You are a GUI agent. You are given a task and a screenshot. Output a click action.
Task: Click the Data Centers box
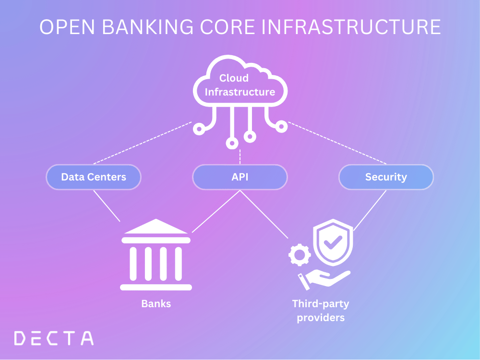tap(94, 177)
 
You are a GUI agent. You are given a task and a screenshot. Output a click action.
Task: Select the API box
tap(240, 177)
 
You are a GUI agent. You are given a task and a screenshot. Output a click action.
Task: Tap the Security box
tap(386, 177)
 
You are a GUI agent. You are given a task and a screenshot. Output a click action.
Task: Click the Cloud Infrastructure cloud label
tap(240, 84)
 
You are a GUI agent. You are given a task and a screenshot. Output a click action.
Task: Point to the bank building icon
tap(156, 257)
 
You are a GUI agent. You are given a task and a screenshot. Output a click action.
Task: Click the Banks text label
tap(156, 303)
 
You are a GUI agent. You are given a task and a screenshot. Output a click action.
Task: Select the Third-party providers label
tap(321, 310)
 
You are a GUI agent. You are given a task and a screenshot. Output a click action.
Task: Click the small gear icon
tap(300, 255)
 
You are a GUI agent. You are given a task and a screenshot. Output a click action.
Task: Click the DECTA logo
tap(54, 338)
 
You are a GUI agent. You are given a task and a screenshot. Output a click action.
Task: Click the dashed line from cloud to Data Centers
tap(143, 143)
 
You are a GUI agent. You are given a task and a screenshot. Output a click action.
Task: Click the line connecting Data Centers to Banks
tap(107, 205)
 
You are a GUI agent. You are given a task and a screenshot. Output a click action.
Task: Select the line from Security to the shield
tap(370, 210)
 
